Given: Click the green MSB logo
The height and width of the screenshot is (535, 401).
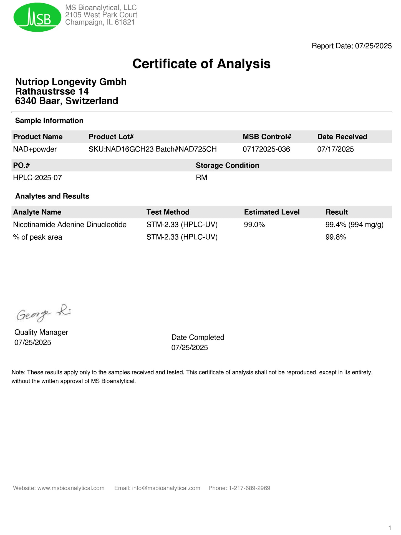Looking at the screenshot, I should coord(37,17).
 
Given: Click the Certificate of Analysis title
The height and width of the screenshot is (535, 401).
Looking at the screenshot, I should coord(201,64).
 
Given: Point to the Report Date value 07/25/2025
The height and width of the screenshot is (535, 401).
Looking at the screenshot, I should coord(373,46).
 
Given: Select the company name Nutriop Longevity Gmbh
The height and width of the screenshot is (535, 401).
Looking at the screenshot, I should coord(71,82).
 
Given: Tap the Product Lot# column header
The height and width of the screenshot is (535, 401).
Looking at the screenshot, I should coord(111,137).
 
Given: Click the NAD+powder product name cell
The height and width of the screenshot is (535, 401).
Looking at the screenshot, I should coord(35,149).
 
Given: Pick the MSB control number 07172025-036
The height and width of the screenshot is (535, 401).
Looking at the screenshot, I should coord(266,149).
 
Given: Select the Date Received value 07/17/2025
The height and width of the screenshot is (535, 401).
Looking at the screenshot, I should coord(335,149).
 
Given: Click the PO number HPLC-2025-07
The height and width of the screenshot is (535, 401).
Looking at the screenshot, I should coord(37,178).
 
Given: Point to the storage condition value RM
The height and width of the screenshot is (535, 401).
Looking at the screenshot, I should coord(201,178).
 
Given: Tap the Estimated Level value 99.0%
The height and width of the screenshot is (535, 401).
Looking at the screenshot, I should coord(254,225).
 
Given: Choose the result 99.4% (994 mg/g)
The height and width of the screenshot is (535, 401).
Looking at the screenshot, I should coord(354,225).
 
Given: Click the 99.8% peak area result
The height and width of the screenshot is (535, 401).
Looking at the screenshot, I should coord(336,237).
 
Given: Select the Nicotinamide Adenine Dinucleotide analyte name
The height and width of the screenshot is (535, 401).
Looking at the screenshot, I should coord(70,225).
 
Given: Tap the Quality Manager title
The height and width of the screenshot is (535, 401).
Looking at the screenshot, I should coord(41,332).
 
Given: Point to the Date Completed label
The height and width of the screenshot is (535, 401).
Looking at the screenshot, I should coord(198,337).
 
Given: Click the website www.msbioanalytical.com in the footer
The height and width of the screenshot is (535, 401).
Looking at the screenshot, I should coord(71,488).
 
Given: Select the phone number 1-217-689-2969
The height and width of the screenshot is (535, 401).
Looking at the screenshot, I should coord(249,488).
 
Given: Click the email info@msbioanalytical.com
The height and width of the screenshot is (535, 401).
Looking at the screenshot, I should coord(166,488).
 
